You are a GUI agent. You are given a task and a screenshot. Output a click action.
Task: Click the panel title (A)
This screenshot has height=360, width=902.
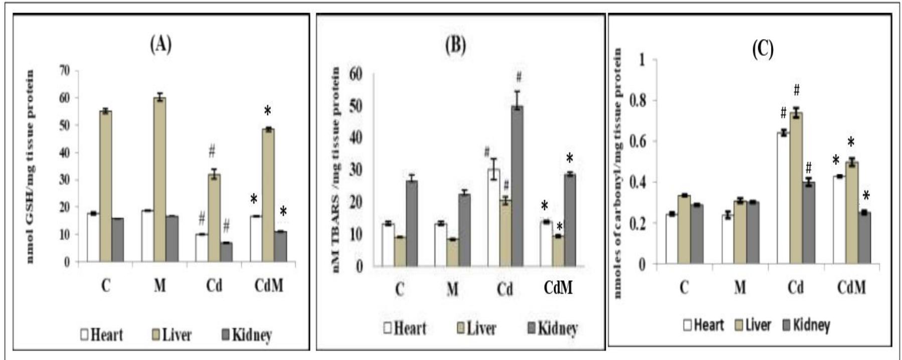coord(160,45)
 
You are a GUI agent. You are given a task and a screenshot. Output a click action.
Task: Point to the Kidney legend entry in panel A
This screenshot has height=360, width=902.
coord(247,334)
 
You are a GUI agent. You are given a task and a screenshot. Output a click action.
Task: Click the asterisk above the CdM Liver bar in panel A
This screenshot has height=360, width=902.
coord(268,111)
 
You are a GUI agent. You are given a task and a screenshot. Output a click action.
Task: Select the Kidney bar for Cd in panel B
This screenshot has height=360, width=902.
coord(517,186)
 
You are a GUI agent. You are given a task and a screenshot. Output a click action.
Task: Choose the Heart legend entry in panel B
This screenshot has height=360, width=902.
coord(405,328)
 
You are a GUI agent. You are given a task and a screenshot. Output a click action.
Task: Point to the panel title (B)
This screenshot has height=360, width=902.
coord(455,46)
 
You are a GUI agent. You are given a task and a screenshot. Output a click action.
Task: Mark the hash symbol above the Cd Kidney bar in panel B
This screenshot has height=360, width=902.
coord(519,77)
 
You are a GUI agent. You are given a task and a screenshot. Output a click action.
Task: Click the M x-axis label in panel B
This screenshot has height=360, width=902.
coord(452,289)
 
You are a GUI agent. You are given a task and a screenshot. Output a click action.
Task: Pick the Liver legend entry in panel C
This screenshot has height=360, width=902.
coord(753,325)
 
